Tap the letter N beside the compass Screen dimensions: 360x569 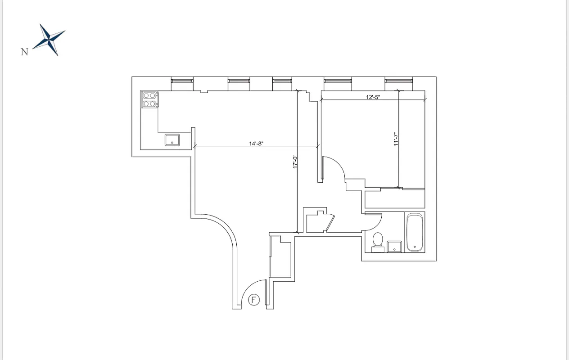[25, 52]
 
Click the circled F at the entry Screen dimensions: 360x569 [254, 300]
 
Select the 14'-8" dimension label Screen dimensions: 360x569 [256, 144]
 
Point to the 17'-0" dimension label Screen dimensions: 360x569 [295, 162]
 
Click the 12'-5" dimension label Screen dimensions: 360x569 [373, 97]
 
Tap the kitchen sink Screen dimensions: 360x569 [172, 140]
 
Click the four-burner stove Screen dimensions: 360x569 [150, 99]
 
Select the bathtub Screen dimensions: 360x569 [415, 232]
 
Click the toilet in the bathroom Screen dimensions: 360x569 [377, 240]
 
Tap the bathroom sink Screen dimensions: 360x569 [395, 246]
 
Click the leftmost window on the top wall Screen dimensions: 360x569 [182, 81]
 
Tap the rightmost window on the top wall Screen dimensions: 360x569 [398, 81]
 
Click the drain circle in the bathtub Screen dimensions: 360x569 [415, 246]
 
